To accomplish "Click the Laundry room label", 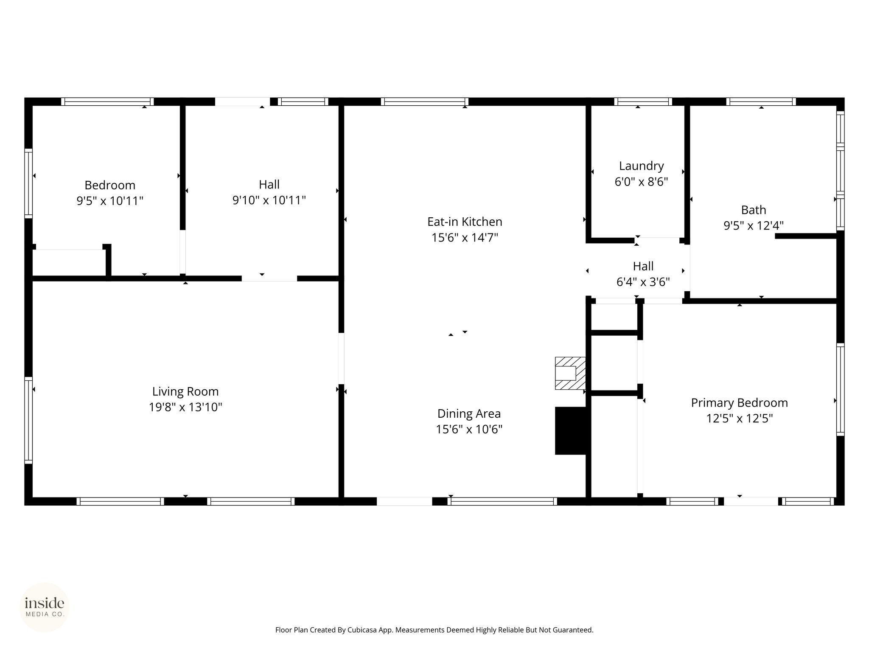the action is [x=641, y=166].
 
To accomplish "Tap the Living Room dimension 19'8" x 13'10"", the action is [x=185, y=407].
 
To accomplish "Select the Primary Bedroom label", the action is [x=739, y=403].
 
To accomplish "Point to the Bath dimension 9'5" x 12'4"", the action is [x=753, y=226].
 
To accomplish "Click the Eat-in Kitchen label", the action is [x=465, y=222].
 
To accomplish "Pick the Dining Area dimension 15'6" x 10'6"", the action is [x=469, y=430].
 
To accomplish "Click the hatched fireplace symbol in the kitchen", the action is [x=570, y=373].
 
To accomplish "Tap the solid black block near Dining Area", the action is [x=571, y=431].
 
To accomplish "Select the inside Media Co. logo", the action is [x=45, y=607].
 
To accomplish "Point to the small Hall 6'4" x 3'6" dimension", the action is [x=643, y=282].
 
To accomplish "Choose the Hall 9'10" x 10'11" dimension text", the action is [x=269, y=200].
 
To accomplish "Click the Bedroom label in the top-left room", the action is [x=110, y=185].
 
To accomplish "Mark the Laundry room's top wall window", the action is [x=643, y=101].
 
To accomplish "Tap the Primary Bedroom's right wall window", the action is [x=840, y=389].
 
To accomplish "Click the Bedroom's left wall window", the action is [x=28, y=183].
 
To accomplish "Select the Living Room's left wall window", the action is [x=28, y=420].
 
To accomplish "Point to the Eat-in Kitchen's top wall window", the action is [x=425, y=101].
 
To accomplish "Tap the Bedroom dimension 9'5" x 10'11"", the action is [x=110, y=201].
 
